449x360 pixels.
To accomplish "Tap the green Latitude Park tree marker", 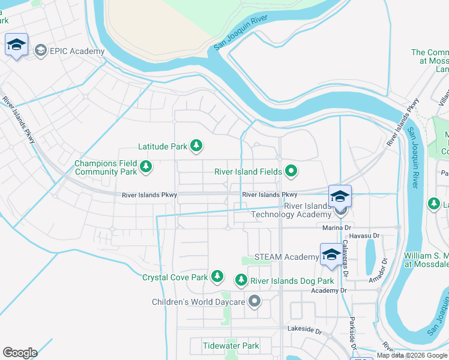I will (196, 145).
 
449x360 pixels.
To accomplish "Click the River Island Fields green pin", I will (291, 172).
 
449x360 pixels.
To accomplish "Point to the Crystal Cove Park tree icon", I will (217, 277).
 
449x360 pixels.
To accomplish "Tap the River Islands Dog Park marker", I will (241, 280).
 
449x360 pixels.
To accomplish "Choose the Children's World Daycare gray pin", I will (255, 301).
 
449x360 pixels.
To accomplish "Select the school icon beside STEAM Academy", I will (331, 254).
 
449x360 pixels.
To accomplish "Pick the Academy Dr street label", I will (329, 290).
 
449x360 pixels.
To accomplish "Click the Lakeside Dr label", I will (305, 331).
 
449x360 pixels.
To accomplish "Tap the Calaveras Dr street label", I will (345, 256).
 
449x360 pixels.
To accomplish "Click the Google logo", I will (20, 353).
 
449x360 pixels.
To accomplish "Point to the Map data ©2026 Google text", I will (412, 355).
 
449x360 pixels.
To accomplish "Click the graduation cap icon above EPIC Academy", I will (16, 45).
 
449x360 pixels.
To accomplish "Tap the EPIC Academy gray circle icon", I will (41, 50).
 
